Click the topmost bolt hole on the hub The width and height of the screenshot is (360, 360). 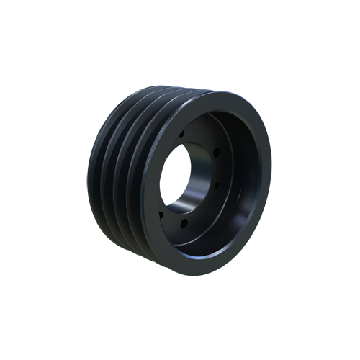click(x=181, y=134)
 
